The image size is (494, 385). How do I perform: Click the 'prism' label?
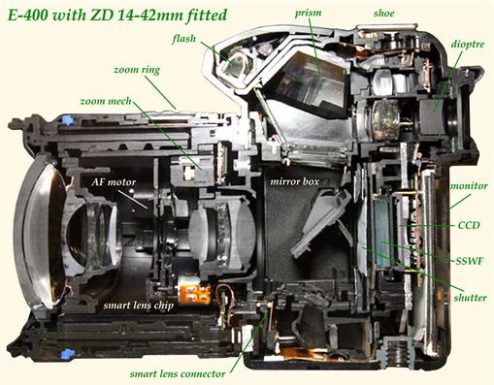(x=308, y=14)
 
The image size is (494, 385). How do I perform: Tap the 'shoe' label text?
(x=383, y=14)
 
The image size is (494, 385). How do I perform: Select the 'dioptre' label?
(x=467, y=45)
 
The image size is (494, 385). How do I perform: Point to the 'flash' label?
(x=184, y=39)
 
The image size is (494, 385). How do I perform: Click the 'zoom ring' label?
(x=137, y=70)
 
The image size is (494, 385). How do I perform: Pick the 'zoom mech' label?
(x=106, y=101)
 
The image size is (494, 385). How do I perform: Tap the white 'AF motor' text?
(x=114, y=182)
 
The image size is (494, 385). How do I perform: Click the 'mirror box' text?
(x=294, y=181)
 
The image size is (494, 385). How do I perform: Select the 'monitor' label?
(x=469, y=186)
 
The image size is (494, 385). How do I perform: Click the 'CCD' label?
(x=469, y=225)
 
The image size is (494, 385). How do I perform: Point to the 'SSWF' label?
(x=470, y=261)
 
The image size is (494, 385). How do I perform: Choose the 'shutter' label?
(x=470, y=298)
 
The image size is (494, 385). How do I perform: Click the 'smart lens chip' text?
(x=139, y=305)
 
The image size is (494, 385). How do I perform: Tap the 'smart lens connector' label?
(x=178, y=374)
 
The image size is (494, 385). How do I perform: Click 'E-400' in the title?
(x=27, y=16)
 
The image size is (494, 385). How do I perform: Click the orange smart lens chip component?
(x=194, y=292)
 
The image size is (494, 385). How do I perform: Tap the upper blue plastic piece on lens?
(x=67, y=120)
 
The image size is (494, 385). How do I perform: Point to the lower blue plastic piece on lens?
(x=67, y=354)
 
